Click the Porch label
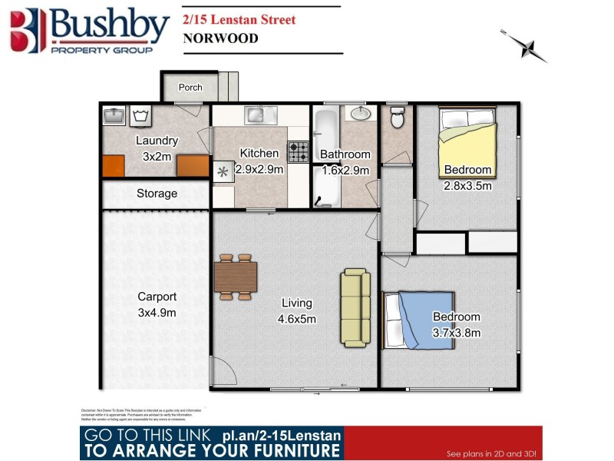coord(190,88)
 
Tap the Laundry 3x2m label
coord(157,148)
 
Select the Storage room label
coord(157,194)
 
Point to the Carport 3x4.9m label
coord(157,304)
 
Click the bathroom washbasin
coord(360,114)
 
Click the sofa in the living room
coord(355,307)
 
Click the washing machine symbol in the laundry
coord(140,116)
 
